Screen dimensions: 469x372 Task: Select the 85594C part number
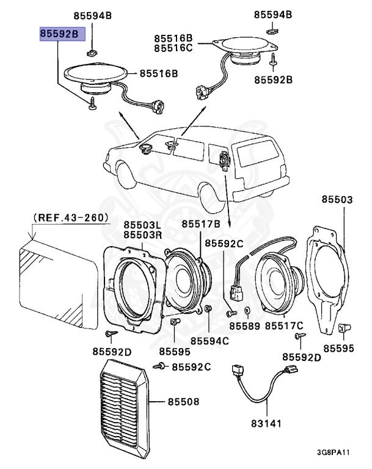[209, 340]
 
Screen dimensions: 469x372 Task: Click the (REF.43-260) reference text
[71, 217]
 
